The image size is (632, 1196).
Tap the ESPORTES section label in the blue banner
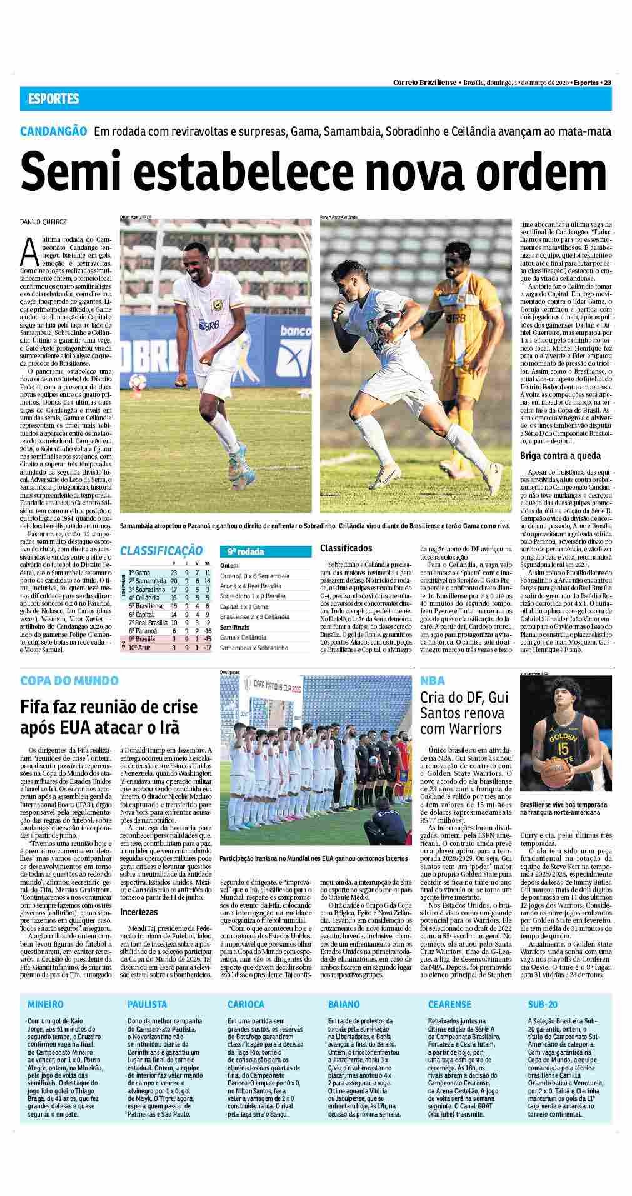click(54, 99)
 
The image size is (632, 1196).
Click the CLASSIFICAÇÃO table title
click(161, 551)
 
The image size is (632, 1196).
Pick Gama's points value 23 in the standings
click(174, 573)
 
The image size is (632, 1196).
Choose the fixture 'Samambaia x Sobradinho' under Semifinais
click(254, 648)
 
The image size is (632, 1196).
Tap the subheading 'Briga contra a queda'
click(560, 455)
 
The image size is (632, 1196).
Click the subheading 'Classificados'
click(346, 548)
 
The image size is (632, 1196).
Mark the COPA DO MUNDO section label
click(69, 680)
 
